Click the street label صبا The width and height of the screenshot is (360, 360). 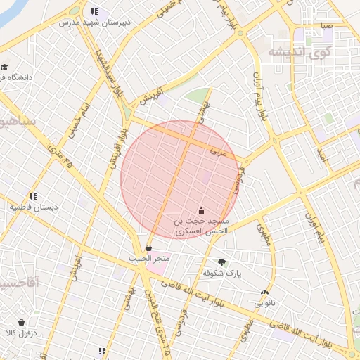coord(326,26)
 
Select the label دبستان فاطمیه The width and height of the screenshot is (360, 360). coord(32,207)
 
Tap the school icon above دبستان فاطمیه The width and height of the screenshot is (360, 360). coord(32,196)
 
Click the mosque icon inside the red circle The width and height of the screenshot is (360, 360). coord(202,210)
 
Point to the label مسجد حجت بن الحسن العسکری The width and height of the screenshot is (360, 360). coord(201,226)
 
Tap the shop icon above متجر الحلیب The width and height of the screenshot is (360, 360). coord(148,247)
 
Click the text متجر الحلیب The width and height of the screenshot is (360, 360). coord(148,259)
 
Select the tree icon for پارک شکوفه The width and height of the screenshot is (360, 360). coord(222,262)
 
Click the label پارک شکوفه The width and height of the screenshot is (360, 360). coord(222,273)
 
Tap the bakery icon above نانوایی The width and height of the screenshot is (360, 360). coord(264,292)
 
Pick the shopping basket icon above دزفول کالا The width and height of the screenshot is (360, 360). coord(21,321)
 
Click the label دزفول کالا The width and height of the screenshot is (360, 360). coord(20,333)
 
